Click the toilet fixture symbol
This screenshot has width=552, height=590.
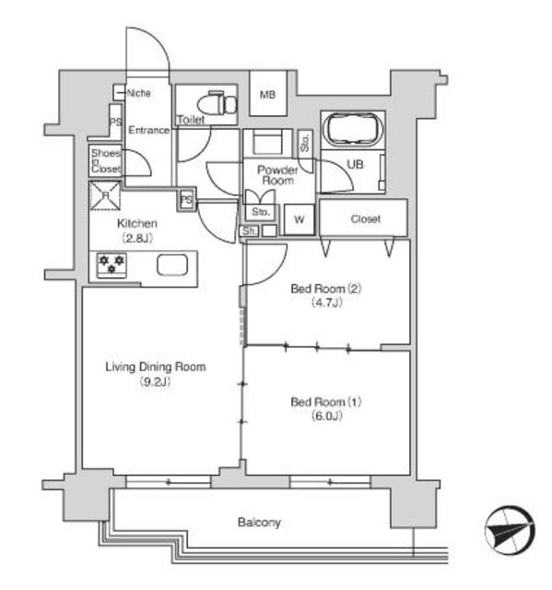pyautogui.click(x=217, y=102)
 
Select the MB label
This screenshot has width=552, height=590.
pyautogui.click(x=268, y=95)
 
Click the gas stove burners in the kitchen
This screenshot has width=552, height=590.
pyautogui.click(x=112, y=265)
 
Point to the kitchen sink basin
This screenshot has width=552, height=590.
pyautogui.click(x=172, y=265)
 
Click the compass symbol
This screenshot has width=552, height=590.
pyautogui.click(x=510, y=531)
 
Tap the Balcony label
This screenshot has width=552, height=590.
pyautogui.click(x=259, y=523)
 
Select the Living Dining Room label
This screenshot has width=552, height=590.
pyautogui.click(x=156, y=367)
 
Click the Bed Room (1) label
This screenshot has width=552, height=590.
pyautogui.click(x=326, y=402)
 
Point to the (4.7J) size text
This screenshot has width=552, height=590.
pyautogui.click(x=327, y=302)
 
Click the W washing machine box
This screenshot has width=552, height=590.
pyautogui.click(x=299, y=219)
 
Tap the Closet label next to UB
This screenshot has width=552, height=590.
pyautogui.click(x=365, y=218)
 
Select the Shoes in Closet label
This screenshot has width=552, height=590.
pyautogui.click(x=106, y=161)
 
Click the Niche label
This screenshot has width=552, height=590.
pyautogui.click(x=139, y=93)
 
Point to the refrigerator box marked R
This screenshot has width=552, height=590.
pyautogui.click(x=105, y=195)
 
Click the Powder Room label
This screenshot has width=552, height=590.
pyautogui.click(x=277, y=175)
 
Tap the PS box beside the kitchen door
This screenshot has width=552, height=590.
pyautogui.click(x=186, y=200)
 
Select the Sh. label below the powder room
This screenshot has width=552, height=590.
pyautogui.click(x=249, y=231)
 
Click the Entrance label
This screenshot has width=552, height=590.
pyautogui.click(x=149, y=130)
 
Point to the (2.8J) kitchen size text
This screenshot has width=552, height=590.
pyautogui.click(x=137, y=238)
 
